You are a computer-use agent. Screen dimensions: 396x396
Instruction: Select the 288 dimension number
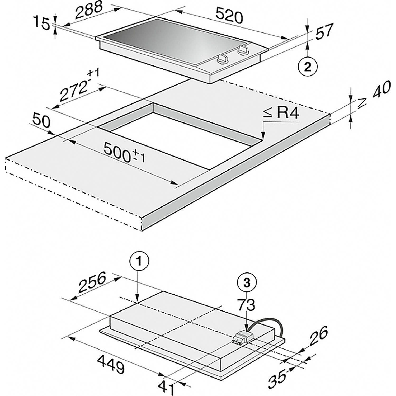click(x=89, y=10)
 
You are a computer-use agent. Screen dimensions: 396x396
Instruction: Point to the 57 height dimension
click(x=324, y=32)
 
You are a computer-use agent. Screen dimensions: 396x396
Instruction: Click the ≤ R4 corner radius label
click(x=280, y=114)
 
